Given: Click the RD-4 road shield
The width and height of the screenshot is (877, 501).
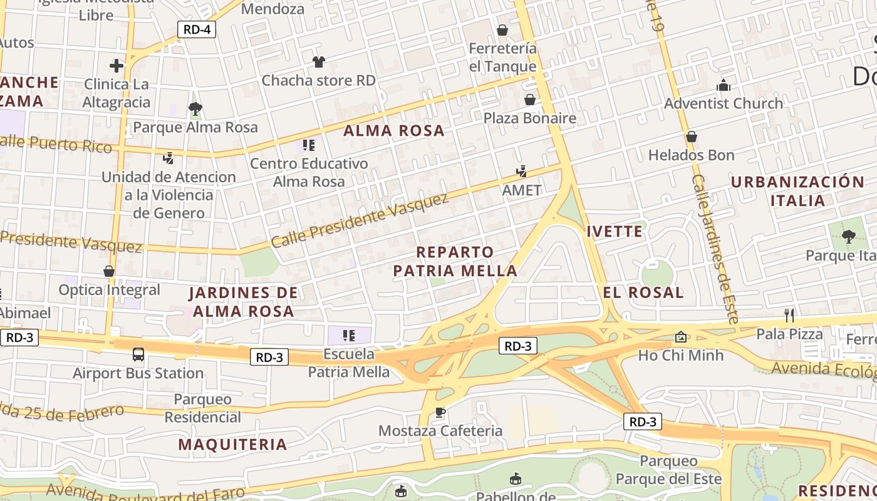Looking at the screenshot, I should click(x=196, y=29).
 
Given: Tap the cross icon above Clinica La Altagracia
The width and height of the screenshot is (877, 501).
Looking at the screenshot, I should click(x=117, y=66).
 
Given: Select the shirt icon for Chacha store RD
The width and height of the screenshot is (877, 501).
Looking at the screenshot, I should click(x=319, y=62).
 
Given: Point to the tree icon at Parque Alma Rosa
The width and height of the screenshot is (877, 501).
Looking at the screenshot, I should click(x=195, y=109).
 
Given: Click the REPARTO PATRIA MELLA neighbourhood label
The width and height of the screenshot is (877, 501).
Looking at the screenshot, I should click(x=455, y=261).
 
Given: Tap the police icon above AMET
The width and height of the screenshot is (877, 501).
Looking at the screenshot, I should click(x=521, y=172).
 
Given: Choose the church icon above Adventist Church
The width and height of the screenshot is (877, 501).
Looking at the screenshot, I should click(x=724, y=85).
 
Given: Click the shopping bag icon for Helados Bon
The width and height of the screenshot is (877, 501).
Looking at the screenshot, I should click(x=692, y=137).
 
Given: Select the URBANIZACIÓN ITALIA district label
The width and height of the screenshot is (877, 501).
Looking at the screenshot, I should click(x=797, y=191).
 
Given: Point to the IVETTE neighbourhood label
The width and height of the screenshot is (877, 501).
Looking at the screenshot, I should click(x=615, y=232).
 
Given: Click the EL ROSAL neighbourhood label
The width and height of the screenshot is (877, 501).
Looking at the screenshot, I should click(x=643, y=292).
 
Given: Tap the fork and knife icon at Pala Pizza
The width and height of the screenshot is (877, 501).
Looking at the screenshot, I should click(x=789, y=315).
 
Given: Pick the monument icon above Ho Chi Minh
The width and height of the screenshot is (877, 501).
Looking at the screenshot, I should click(x=681, y=337).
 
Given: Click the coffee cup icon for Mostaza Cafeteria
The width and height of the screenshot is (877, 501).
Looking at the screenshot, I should click(x=440, y=412).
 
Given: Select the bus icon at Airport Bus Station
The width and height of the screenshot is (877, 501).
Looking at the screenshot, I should click(x=138, y=354).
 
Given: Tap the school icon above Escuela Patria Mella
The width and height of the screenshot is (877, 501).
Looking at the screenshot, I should click(x=349, y=336).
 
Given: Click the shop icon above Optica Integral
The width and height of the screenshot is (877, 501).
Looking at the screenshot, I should click(x=109, y=272).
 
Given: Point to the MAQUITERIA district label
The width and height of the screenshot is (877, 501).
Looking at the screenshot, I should click(x=232, y=445).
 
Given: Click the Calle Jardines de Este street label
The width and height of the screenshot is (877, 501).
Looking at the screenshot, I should click(x=715, y=248).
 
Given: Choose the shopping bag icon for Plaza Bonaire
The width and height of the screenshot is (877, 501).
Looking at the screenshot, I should click(x=529, y=100).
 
